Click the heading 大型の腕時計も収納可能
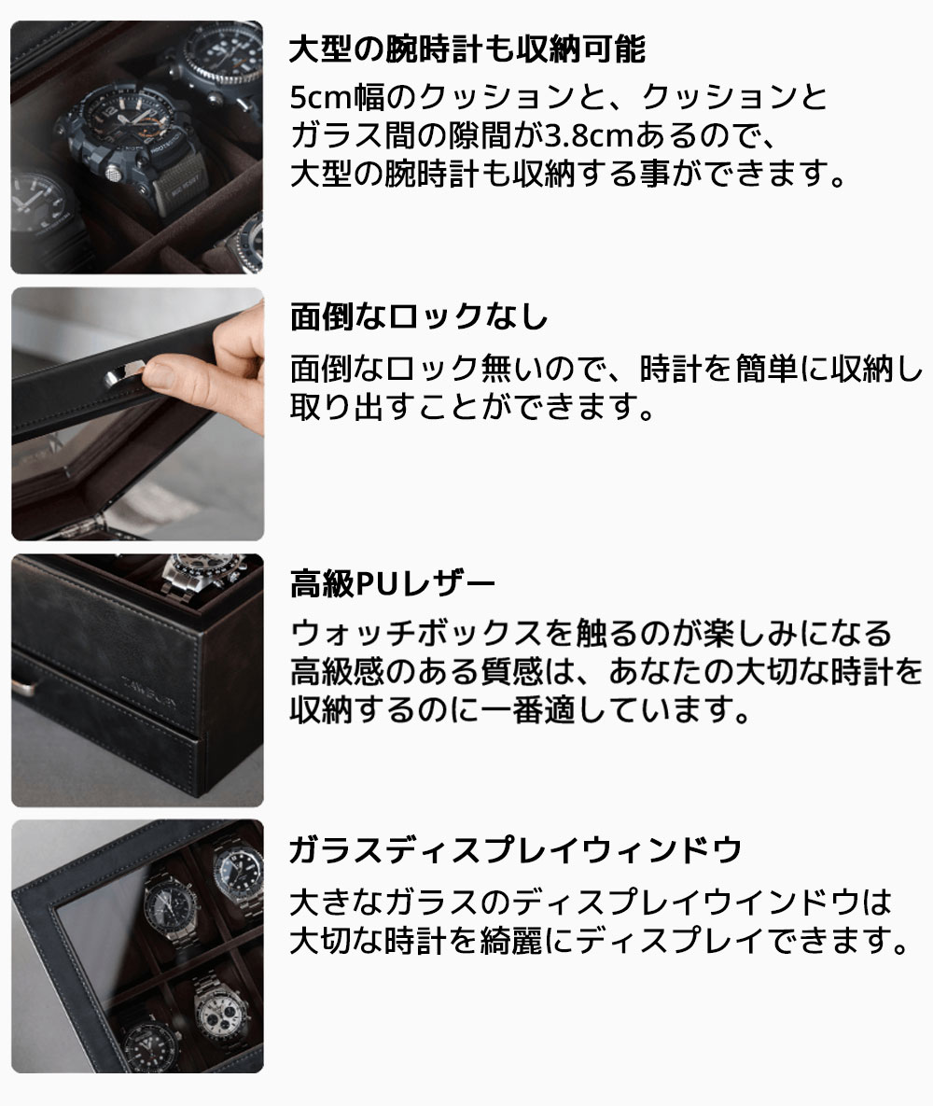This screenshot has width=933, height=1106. (x=466, y=49)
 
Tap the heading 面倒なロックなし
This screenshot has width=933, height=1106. (x=419, y=317)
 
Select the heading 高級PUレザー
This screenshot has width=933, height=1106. (x=393, y=584)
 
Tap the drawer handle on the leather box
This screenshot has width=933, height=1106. (x=25, y=688)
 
